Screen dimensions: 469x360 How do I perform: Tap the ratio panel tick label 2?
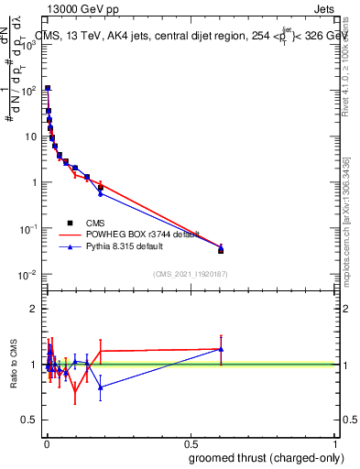(x=33, y=309)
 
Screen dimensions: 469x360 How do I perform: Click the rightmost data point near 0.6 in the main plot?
(x=221, y=249)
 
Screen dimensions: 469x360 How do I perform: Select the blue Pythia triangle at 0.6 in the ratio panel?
(x=221, y=349)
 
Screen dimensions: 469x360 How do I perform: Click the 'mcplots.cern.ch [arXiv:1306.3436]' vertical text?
(x=352, y=211)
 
